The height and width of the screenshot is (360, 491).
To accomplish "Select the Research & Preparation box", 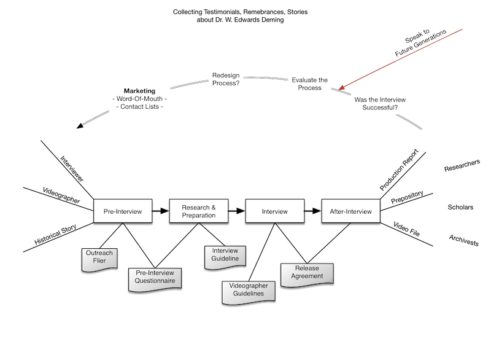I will (x=199, y=211).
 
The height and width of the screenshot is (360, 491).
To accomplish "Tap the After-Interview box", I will (x=351, y=211).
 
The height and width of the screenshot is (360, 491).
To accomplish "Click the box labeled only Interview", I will (x=275, y=211).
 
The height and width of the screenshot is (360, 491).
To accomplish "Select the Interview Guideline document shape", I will (x=225, y=255).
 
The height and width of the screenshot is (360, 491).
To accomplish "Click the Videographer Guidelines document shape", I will (x=247, y=290).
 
